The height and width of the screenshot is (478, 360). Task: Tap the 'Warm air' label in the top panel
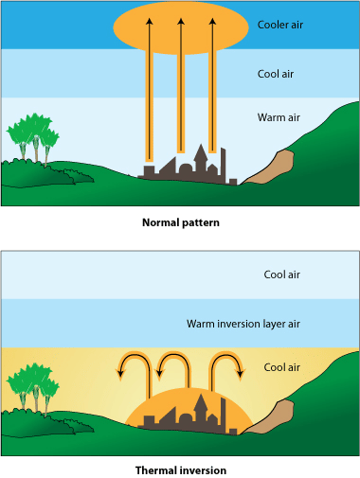(279, 118)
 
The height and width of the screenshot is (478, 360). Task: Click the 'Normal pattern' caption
(180, 222)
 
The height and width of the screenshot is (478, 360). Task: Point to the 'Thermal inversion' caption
(180, 469)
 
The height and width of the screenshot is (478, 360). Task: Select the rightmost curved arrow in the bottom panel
(226, 363)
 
